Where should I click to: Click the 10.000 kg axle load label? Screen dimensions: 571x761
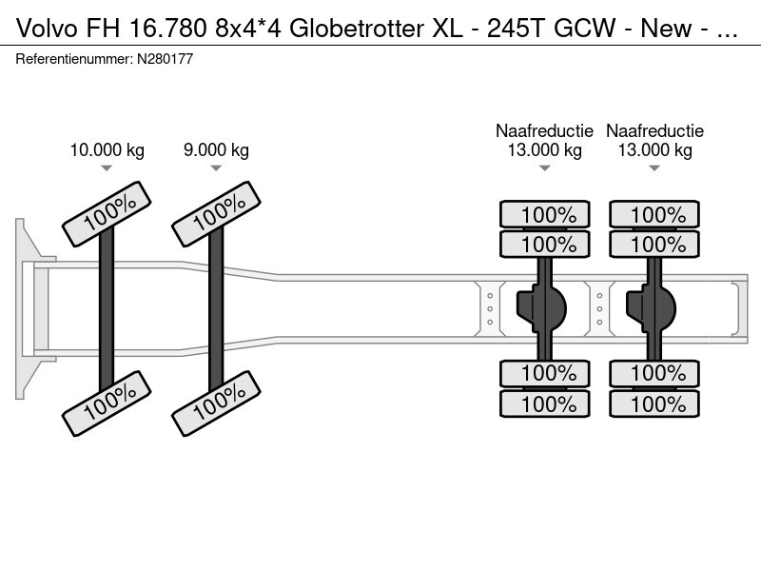tap(107, 149)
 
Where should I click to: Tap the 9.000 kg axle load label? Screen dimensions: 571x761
tap(216, 149)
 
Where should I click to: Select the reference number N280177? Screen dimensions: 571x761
tap(166, 59)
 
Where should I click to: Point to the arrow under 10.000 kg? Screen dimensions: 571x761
tap(107, 168)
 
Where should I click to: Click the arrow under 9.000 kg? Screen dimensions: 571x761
tap(216, 168)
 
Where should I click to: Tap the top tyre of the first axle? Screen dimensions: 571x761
tap(107, 213)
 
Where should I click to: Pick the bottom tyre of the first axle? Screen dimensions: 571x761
tap(107, 403)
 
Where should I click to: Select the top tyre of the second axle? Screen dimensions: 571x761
tap(216, 213)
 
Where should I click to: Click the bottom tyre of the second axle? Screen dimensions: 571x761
tap(216, 403)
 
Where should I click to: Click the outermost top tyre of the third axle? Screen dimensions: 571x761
tap(545, 214)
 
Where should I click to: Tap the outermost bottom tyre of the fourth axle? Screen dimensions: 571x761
tap(654, 404)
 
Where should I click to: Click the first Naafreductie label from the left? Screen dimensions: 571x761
tap(544, 131)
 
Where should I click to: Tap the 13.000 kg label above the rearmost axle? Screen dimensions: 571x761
tap(654, 150)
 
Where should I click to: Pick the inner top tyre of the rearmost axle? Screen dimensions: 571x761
tap(654, 244)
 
